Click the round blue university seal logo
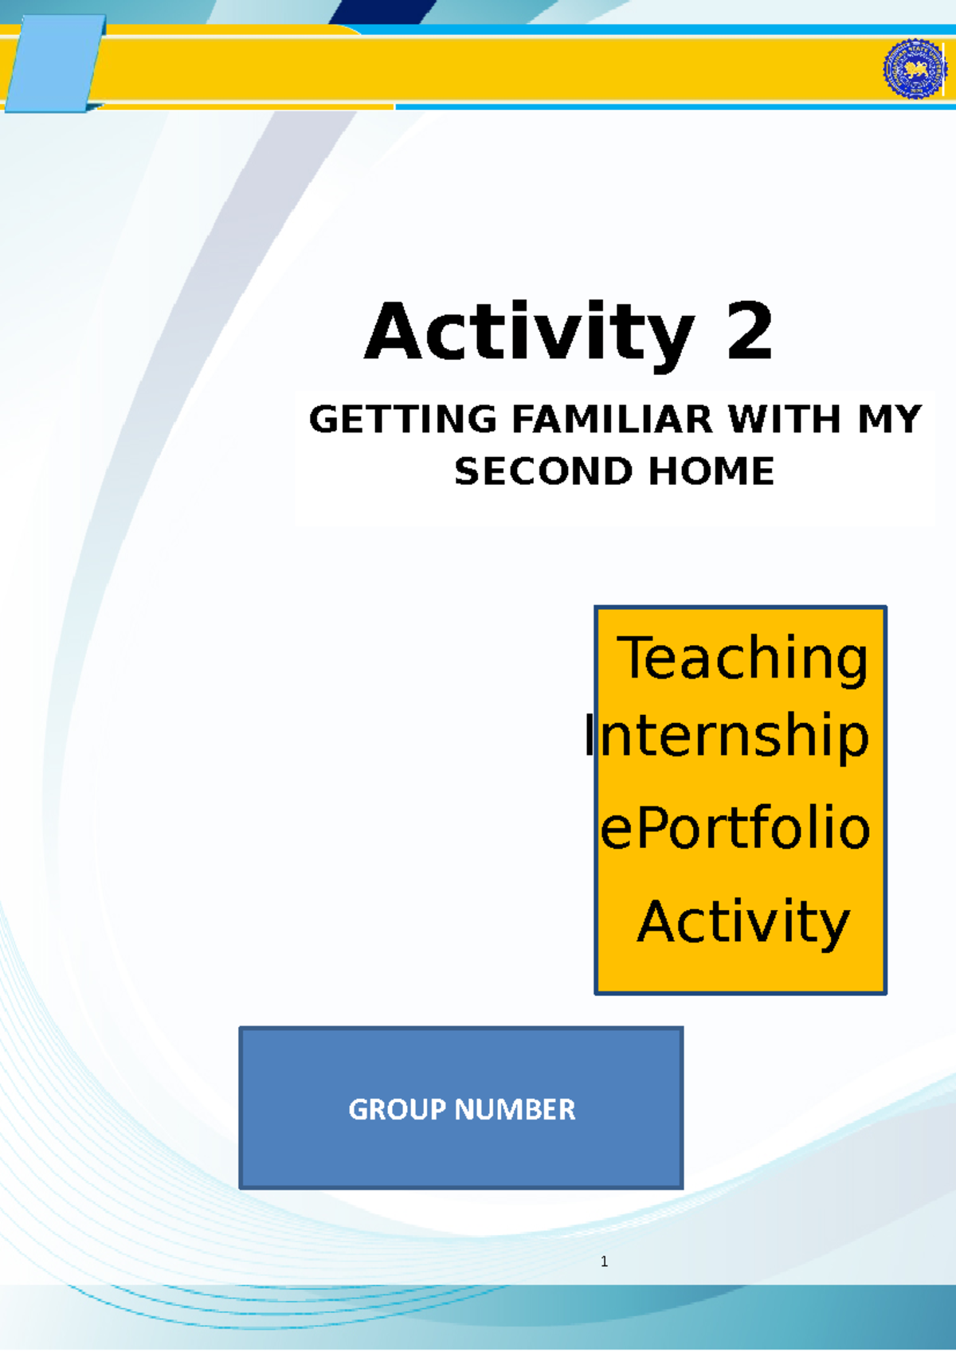[915, 68]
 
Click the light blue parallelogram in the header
[56, 64]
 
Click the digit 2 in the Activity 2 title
[750, 331]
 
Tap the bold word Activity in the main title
[529, 335]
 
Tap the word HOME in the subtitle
[711, 471]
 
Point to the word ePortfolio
[735, 827]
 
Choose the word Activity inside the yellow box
[743, 923]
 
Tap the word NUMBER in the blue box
[515, 1109]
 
